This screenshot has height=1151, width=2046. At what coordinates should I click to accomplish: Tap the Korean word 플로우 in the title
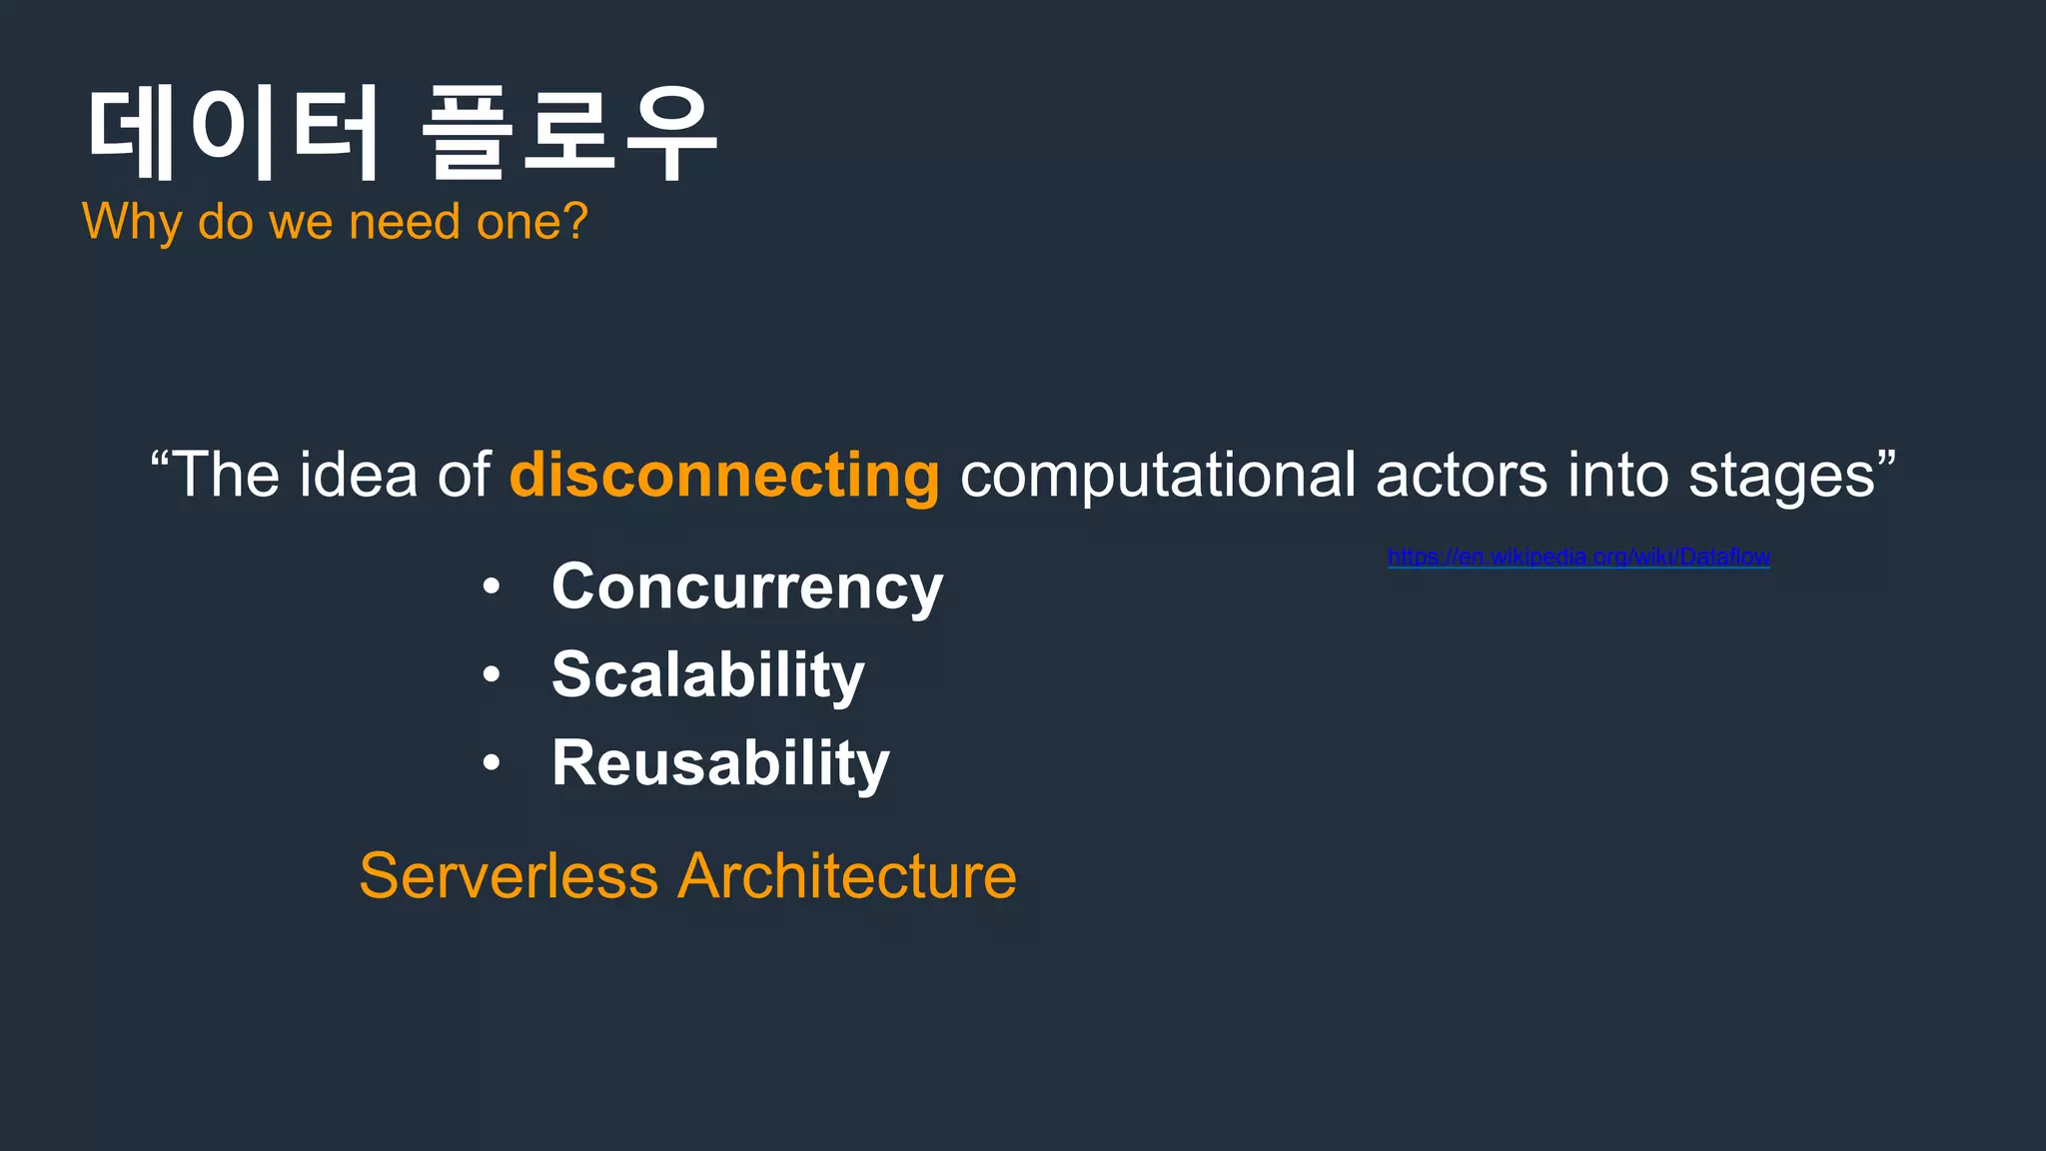click(569, 133)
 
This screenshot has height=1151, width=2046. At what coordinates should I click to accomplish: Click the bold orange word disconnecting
click(724, 475)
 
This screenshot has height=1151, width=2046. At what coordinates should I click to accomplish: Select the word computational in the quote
click(1157, 475)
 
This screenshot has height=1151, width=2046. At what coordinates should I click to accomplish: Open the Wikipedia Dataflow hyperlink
click(1578, 557)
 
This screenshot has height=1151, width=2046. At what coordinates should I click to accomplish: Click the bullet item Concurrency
click(747, 587)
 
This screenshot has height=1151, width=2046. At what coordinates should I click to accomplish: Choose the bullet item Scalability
click(707, 675)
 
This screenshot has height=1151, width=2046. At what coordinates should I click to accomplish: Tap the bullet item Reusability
click(720, 763)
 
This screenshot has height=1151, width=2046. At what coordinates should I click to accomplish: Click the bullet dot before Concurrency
click(491, 587)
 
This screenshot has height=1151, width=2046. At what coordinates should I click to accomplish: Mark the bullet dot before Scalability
click(491, 675)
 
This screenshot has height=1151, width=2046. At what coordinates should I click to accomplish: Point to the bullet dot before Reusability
click(491, 763)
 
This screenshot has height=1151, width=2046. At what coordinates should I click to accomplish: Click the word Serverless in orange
click(509, 876)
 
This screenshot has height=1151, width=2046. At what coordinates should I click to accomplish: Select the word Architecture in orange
click(847, 876)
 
